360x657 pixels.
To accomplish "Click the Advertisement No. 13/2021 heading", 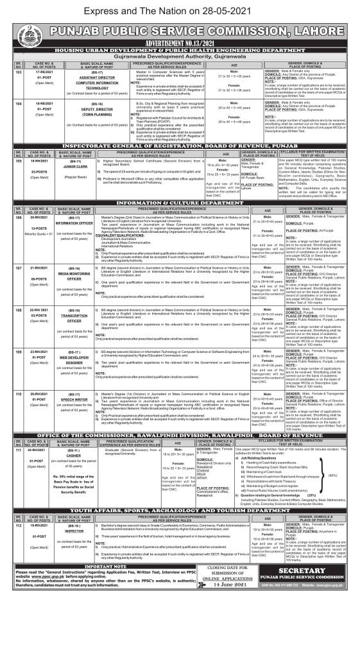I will pyautogui.click(x=180, y=46).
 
